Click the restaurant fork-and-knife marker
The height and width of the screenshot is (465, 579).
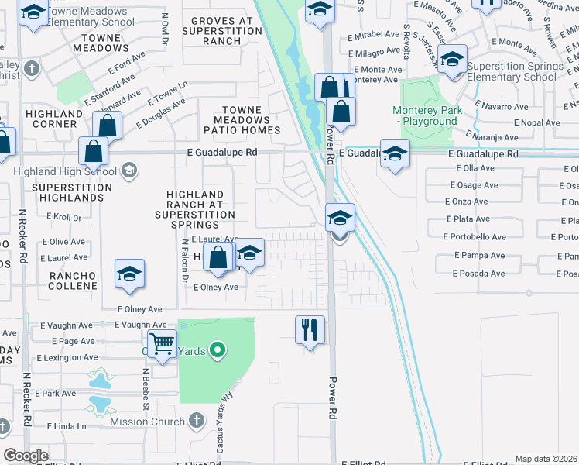pos(310,329)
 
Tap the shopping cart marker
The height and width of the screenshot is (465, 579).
pos(162,343)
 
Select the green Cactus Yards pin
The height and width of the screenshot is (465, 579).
pos(218,351)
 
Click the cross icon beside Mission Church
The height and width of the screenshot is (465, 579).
pos(196,421)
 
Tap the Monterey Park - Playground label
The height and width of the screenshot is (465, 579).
pos(427,115)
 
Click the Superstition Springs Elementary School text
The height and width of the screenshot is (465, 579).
pos(515,72)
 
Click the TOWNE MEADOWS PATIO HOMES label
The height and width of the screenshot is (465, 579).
pos(247,120)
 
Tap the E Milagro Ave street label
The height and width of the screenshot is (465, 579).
pos(375,53)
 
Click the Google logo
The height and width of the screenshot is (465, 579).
pos(26,456)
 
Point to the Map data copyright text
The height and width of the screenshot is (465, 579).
pos(546,459)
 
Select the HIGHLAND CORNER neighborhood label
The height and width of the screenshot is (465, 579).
pos(54,119)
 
